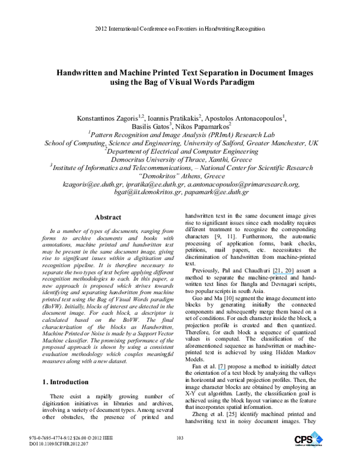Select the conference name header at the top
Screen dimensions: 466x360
pos(180,28)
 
